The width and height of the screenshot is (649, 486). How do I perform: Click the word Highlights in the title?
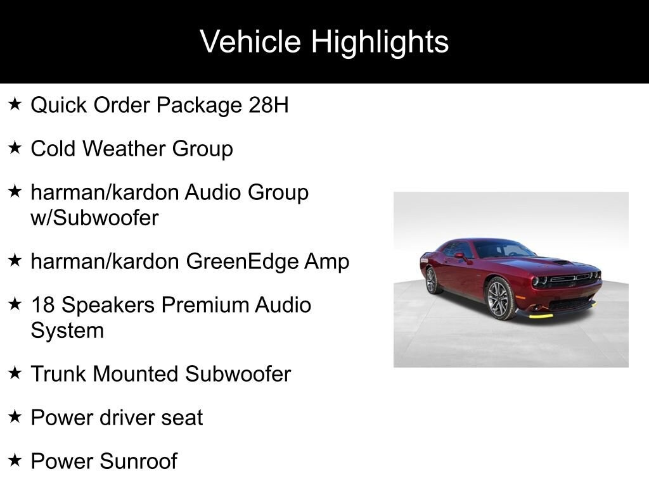click(380, 42)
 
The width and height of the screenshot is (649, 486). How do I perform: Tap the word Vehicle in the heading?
click(250, 41)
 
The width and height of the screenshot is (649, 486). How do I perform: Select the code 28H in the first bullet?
click(268, 104)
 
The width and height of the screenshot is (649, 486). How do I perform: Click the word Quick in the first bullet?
click(59, 106)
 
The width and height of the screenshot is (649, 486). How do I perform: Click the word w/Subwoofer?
click(95, 218)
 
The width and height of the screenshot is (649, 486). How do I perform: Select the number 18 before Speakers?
click(43, 304)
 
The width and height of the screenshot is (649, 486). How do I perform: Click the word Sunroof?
click(138, 461)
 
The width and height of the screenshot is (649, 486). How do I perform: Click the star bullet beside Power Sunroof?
click(15, 459)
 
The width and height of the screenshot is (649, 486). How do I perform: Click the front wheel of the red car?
click(499, 299)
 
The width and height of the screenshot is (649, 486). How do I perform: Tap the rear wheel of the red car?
click(432, 280)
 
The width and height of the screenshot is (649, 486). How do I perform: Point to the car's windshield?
click(504, 249)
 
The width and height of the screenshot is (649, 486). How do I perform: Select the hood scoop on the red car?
click(563, 261)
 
